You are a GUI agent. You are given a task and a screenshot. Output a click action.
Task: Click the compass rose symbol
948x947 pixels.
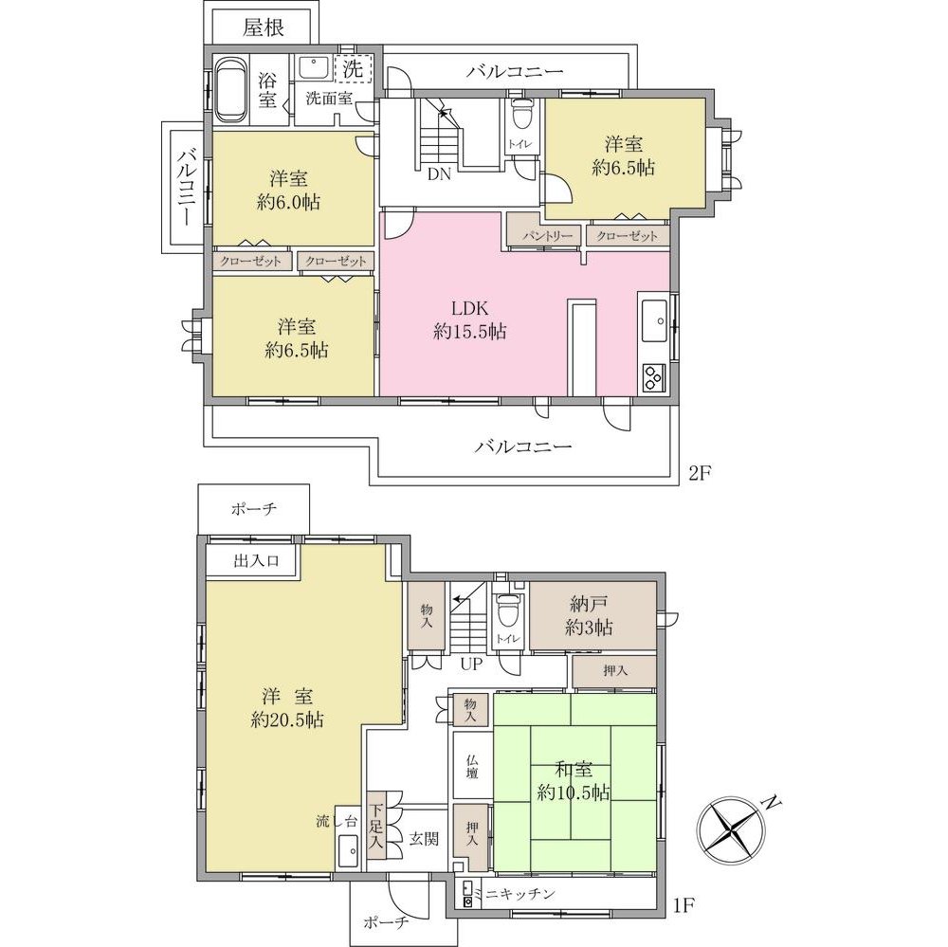pos(730,828)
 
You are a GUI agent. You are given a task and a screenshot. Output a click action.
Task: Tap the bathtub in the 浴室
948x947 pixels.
pos(229,89)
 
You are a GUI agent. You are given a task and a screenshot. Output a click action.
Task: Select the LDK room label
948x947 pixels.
pos(470,319)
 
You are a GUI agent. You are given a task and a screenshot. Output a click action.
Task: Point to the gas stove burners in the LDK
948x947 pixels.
pos(653,378)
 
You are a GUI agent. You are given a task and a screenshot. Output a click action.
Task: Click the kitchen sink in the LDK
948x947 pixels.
pos(653,321)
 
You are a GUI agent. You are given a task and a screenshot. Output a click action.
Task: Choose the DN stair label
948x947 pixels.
pos(440,174)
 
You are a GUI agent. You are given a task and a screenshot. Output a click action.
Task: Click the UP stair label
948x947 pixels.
pos(471,664)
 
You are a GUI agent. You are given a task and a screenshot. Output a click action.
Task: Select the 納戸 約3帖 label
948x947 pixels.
pos(589,615)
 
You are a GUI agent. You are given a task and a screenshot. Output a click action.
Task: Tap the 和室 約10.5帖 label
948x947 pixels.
pos(574,781)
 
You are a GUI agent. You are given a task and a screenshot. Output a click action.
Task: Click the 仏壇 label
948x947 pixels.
pos(473,765)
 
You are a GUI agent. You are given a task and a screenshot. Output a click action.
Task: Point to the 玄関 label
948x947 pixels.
pos(424,839)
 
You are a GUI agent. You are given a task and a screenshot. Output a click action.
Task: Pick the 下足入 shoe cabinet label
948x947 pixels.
pos(376,825)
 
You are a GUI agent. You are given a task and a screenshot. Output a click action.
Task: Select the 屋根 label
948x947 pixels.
pos(264,27)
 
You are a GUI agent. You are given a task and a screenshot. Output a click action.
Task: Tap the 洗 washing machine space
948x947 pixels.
pos(353,68)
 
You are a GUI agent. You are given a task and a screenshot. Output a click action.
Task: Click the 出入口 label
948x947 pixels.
pos(256,560)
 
